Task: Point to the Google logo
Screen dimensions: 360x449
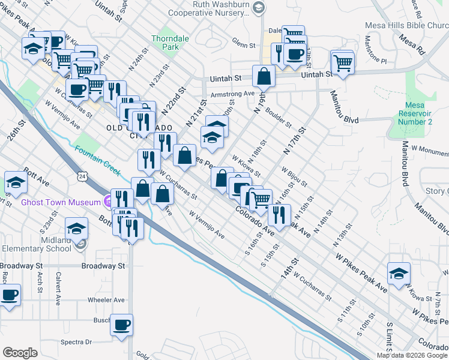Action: click(20, 353)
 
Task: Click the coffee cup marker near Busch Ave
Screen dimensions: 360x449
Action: click(121, 326)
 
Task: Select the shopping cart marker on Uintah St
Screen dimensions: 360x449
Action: click(342, 63)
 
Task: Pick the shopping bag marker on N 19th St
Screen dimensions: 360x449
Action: click(264, 77)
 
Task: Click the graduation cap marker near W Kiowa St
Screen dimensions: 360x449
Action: click(399, 274)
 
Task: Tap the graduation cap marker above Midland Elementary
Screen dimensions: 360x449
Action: click(77, 229)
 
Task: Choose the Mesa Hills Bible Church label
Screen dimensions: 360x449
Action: click(406, 26)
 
